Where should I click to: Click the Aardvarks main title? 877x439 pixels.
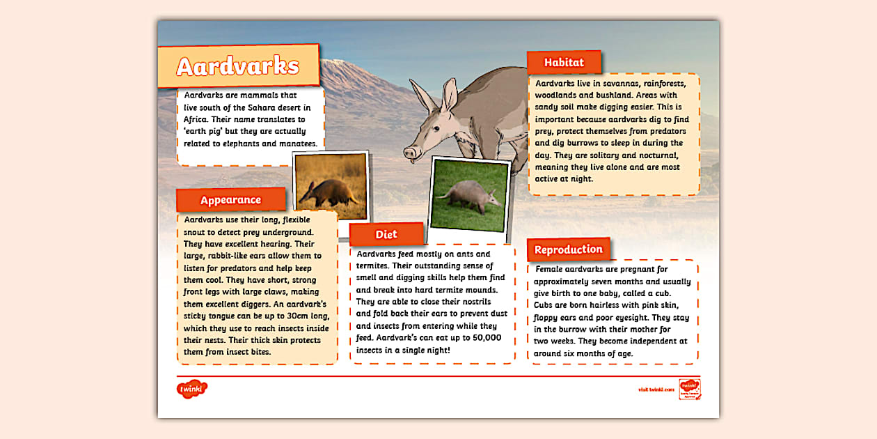point(237,66)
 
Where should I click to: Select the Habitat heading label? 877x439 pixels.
point(564,62)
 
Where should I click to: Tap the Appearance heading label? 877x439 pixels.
point(230,200)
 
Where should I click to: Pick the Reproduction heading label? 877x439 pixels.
point(568,249)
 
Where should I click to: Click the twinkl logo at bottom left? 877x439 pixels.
point(192,388)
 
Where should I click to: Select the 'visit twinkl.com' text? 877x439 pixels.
point(656,390)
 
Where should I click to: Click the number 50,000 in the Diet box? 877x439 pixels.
point(483,338)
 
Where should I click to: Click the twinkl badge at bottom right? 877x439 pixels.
point(689,389)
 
